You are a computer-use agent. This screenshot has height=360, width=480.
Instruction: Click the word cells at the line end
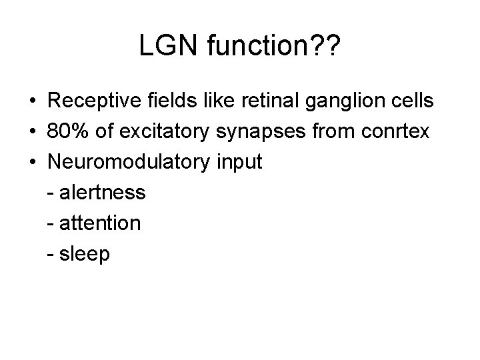(x=411, y=101)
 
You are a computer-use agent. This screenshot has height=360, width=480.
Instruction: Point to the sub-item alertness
(x=102, y=193)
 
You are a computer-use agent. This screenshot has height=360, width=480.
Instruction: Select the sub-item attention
(x=99, y=223)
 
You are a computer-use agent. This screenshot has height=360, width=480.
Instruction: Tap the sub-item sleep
(x=85, y=254)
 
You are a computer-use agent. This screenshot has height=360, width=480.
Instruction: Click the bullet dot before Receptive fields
(x=32, y=102)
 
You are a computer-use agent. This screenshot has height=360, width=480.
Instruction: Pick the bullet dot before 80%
(x=32, y=133)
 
